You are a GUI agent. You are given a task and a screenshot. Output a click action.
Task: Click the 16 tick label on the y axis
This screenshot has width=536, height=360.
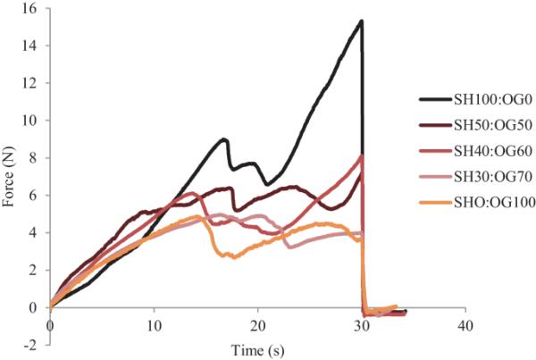point(29,9)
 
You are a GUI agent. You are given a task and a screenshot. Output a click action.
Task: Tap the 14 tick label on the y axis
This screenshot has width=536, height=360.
point(29,46)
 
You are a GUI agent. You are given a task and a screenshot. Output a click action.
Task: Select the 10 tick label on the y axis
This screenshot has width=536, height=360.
point(29,121)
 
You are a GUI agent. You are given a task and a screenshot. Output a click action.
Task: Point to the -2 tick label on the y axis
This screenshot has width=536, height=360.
point(29,344)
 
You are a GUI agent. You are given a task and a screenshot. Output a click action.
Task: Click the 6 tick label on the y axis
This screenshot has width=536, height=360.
point(34,196)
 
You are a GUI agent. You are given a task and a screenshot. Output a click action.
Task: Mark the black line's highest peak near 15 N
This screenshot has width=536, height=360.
point(360,21)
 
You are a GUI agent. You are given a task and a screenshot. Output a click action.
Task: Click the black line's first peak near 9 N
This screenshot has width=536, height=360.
point(224,139)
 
